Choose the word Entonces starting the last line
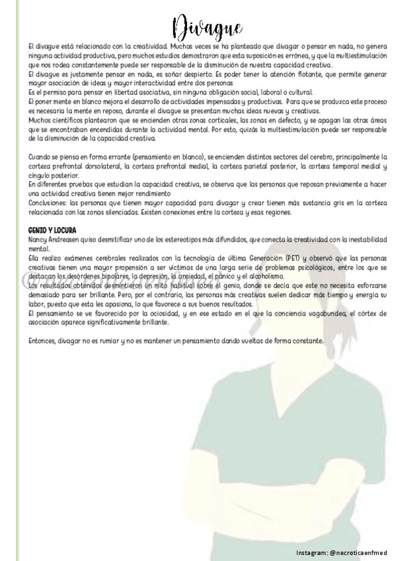pos(46,341)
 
